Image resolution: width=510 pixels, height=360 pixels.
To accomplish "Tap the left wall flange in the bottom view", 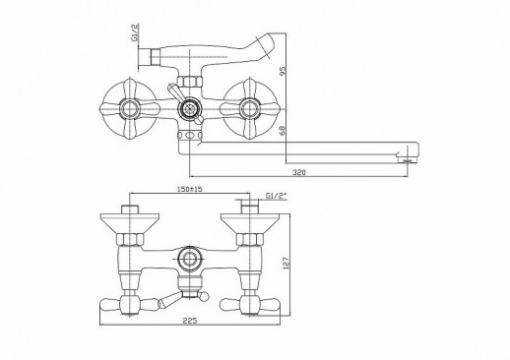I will coord(127,221).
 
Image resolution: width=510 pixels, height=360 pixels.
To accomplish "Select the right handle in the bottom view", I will coord(253,302).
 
